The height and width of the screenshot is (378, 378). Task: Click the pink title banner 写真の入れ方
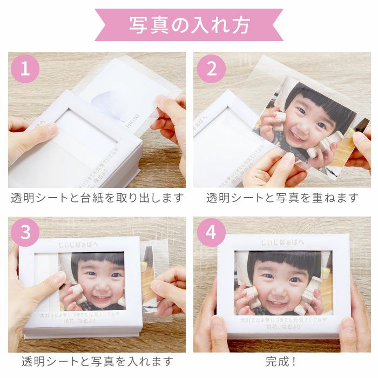(x=189, y=25)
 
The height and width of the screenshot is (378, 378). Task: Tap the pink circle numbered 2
(x=210, y=69)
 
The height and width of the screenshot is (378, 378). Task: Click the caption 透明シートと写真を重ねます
(x=282, y=198)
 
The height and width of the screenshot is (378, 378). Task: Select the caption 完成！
(x=282, y=361)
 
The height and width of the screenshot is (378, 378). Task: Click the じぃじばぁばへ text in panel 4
(x=282, y=242)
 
